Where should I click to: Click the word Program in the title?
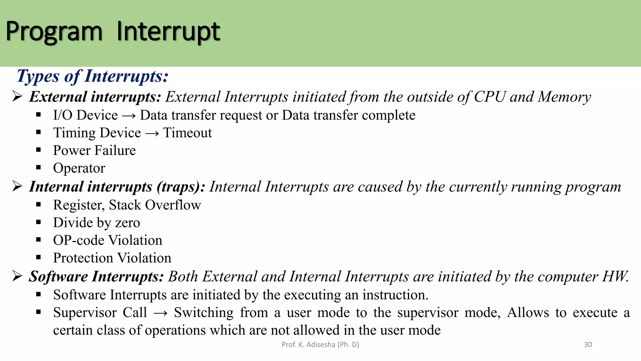tap(54, 32)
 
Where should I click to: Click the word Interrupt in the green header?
tap(168, 32)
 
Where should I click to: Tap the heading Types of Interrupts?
tap(93, 76)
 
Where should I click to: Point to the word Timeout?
tap(187, 133)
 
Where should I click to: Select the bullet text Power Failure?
tap(94, 150)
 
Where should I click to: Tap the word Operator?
tap(79, 168)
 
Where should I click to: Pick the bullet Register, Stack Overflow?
tap(127, 205)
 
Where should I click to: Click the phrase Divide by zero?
tap(96, 223)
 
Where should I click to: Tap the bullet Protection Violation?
tap(112, 258)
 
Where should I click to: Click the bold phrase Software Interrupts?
tap(96, 277)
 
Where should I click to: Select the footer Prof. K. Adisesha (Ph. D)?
tap(320, 345)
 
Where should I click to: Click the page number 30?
tap(588, 345)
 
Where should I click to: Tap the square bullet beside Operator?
tap(38, 168)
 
